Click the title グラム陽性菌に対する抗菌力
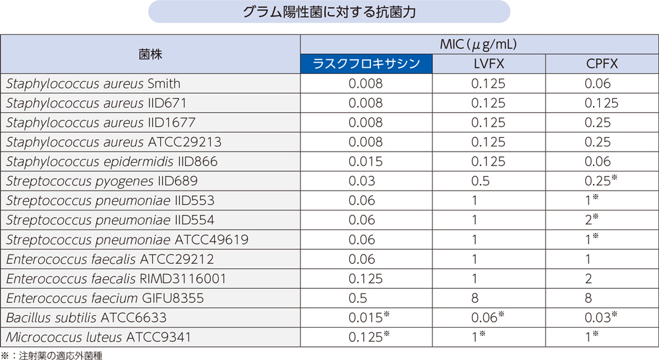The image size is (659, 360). click(x=329, y=13)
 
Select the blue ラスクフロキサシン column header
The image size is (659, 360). click(x=366, y=64)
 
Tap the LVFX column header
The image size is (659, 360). click(x=488, y=64)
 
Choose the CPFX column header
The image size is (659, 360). click(x=602, y=64)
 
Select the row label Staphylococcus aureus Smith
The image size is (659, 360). click(x=93, y=84)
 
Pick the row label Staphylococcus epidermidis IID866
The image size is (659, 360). click(x=111, y=162)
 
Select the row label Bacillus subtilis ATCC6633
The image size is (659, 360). click(x=86, y=318)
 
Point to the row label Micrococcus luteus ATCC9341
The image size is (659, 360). click(x=98, y=338)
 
